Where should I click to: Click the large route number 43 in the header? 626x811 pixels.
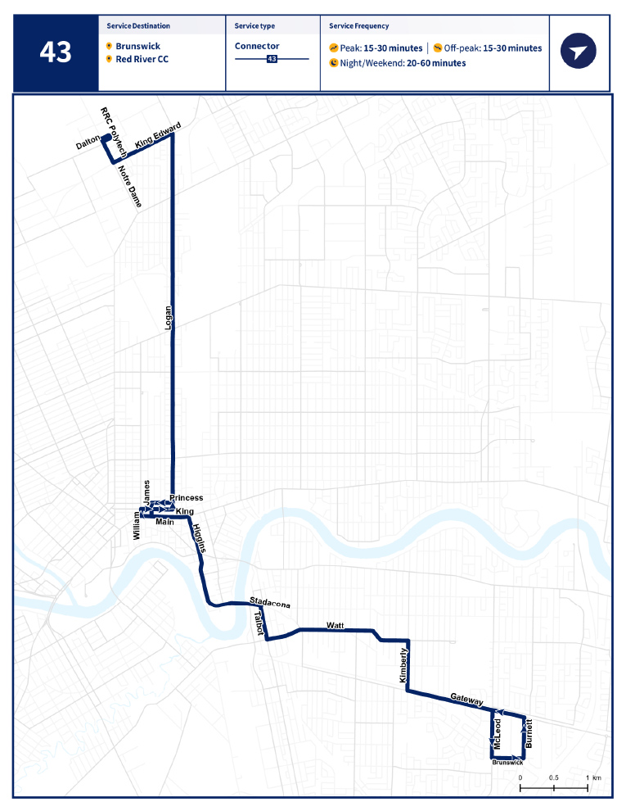click(x=56, y=53)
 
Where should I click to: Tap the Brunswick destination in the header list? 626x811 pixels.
click(x=137, y=47)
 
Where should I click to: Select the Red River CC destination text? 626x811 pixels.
click(x=142, y=59)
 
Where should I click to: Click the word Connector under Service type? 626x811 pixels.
click(x=257, y=47)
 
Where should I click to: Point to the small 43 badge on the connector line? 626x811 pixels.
click(x=272, y=59)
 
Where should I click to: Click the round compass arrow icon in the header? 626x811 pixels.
click(x=579, y=52)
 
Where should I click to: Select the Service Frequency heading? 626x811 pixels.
click(x=359, y=26)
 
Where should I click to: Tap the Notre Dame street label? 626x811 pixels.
click(x=129, y=186)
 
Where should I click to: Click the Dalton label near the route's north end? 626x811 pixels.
click(x=88, y=143)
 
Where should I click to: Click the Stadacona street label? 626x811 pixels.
click(x=270, y=603)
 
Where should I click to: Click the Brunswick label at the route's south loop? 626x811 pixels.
click(x=508, y=762)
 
